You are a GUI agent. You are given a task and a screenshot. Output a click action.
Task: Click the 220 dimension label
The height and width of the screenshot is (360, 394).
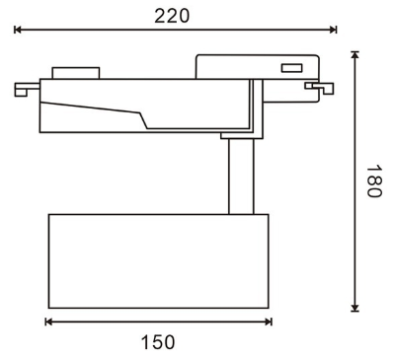(172, 16)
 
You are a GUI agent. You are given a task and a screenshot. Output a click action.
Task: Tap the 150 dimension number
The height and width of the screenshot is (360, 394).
(158, 342)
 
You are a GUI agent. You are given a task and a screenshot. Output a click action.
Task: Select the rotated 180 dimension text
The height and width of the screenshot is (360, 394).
(374, 181)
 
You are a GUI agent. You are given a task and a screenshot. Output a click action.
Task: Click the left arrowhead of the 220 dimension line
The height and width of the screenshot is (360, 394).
(18, 30)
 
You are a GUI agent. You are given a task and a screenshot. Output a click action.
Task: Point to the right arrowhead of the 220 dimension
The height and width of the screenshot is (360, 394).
(333, 30)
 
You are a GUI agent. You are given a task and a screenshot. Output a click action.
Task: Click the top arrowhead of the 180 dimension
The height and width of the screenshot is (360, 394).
(355, 55)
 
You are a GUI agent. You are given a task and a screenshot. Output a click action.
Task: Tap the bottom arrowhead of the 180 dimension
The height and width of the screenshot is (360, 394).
(355, 308)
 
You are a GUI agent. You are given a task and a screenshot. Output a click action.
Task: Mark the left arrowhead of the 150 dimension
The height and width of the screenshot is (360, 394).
(48, 322)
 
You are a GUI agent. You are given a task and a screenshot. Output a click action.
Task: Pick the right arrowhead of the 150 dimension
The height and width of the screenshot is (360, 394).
(269, 322)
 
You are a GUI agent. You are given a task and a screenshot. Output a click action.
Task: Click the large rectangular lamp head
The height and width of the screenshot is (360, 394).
(158, 261)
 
